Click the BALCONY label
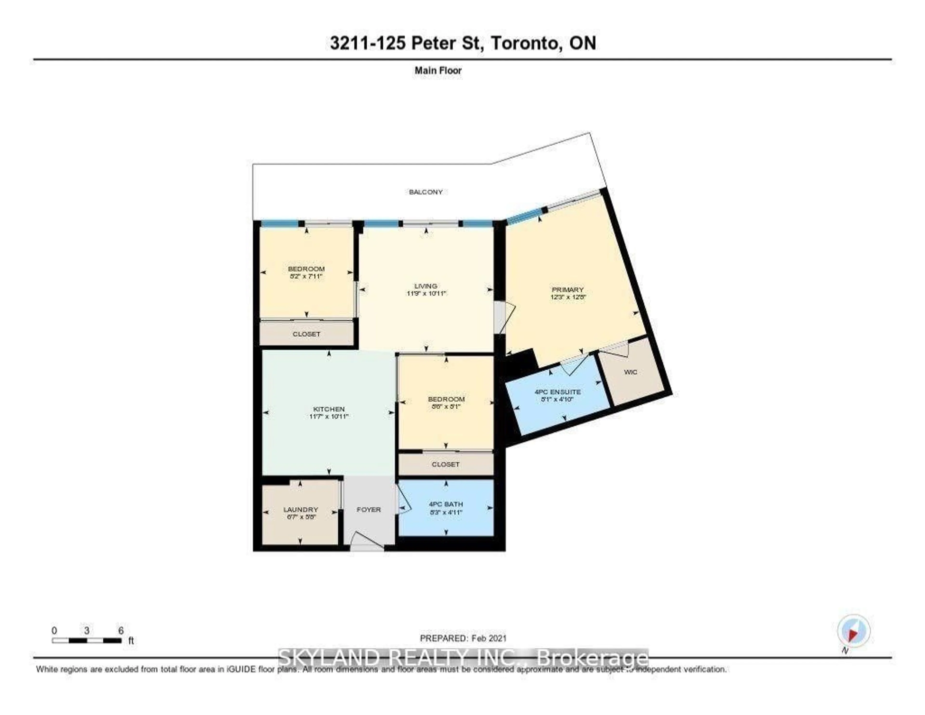pyautogui.click(x=426, y=192)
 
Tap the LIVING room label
pyautogui.click(x=426, y=286)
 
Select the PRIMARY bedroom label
pyautogui.click(x=568, y=290)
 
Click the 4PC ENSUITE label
pyautogui.click(x=557, y=392)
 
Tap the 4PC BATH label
pyautogui.click(x=446, y=504)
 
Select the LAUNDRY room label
pyautogui.click(x=300, y=509)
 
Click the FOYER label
pyautogui.click(x=369, y=509)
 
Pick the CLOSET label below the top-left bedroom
pyautogui.click(x=306, y=334)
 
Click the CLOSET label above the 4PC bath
pyautogui.click(x=446, y=464)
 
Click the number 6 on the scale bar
pyautogui.click(x=121, y=631)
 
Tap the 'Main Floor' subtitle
pyautogui.click(x=438, y=70)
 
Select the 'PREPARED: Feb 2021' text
pyautogui.click(x=463, y=638)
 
